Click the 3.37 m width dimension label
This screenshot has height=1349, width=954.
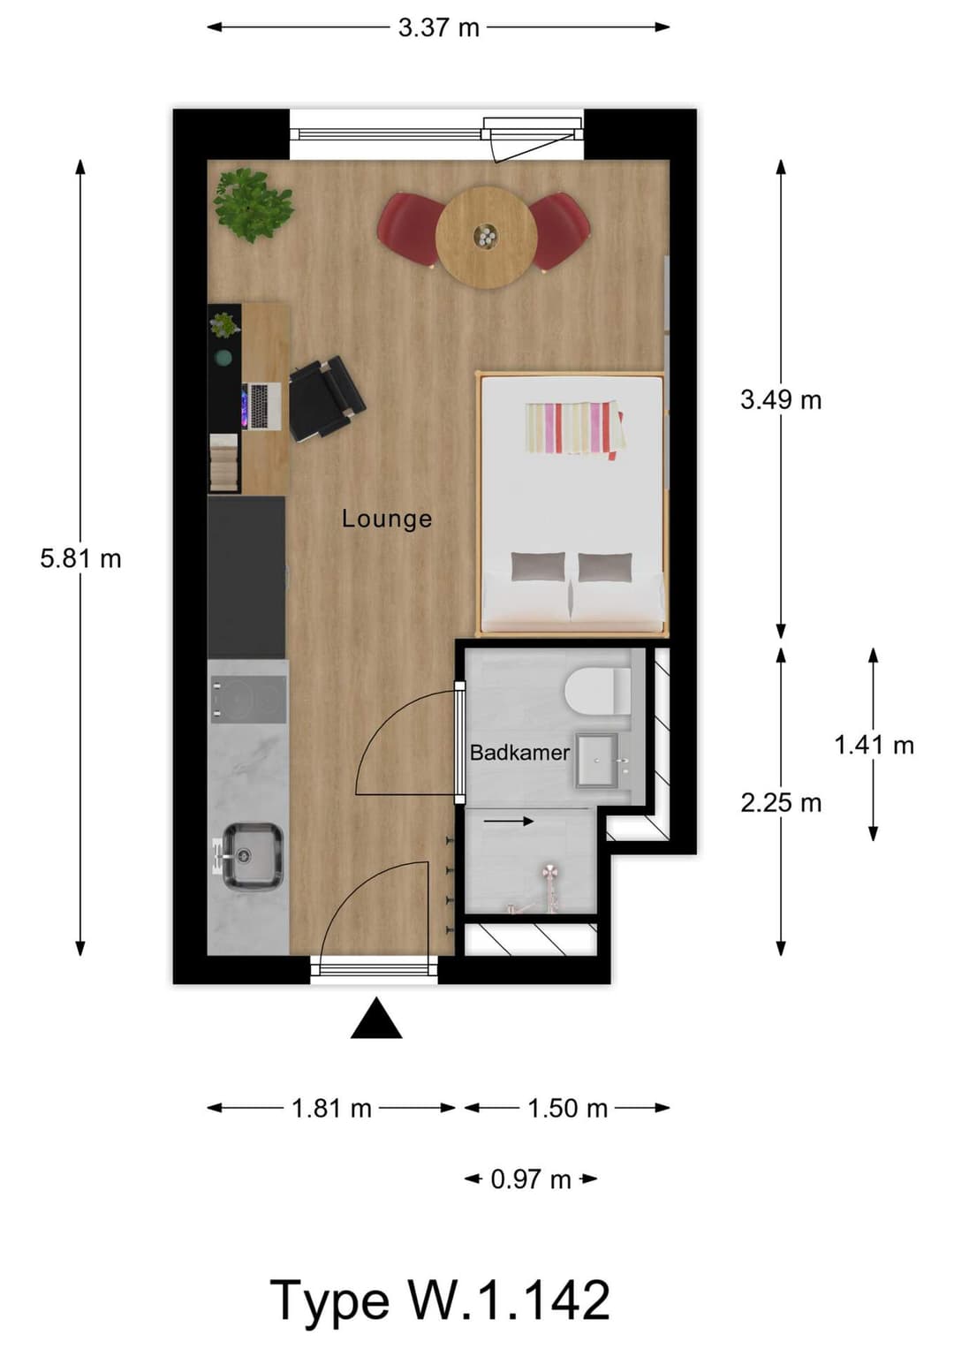pyautogui.click(x=438, y=27)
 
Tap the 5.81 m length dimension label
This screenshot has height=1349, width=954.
pyautogui.click(x=80, y=558)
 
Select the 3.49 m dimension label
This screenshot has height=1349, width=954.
pyautogui.click(x=781, y=400)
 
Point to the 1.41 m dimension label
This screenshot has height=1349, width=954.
pyautogui.click(x=874, y=745)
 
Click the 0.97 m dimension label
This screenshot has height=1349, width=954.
pyautogui.click(x=531, y=1179)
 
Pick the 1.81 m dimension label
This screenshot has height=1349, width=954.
pyautogui.click(x=331, y=1108)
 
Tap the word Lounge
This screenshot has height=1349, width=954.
pyautogui.click(x=387, y=519)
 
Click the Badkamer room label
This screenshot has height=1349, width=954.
pyautogui.click(x=519, y=753)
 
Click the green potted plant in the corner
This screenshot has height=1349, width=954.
pyautogui.click(x=253, y=205)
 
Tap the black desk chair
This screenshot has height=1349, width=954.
pyautogui.click(x=324, y=399)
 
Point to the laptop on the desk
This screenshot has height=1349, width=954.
pyautogui.click(x=262, y=406)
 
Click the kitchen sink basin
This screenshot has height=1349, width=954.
pyautogui.click(x=251, y=856)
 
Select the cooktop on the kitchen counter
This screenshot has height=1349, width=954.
pyautogui.click(x=248, y=699)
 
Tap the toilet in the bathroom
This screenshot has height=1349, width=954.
pyautogui.click(x=597, y=691)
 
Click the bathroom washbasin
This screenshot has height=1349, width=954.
pyautogui.click(x=602, y=760)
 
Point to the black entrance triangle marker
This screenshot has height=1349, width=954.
pyautogui.click(x=376, y=1020)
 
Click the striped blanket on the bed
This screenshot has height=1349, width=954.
pyautogui.click(x=572, y=428)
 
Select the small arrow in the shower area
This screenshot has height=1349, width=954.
pyautogui.click(x=509, y=822)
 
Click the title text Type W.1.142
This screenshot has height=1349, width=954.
pyautogui.click(x=440, y=1300)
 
